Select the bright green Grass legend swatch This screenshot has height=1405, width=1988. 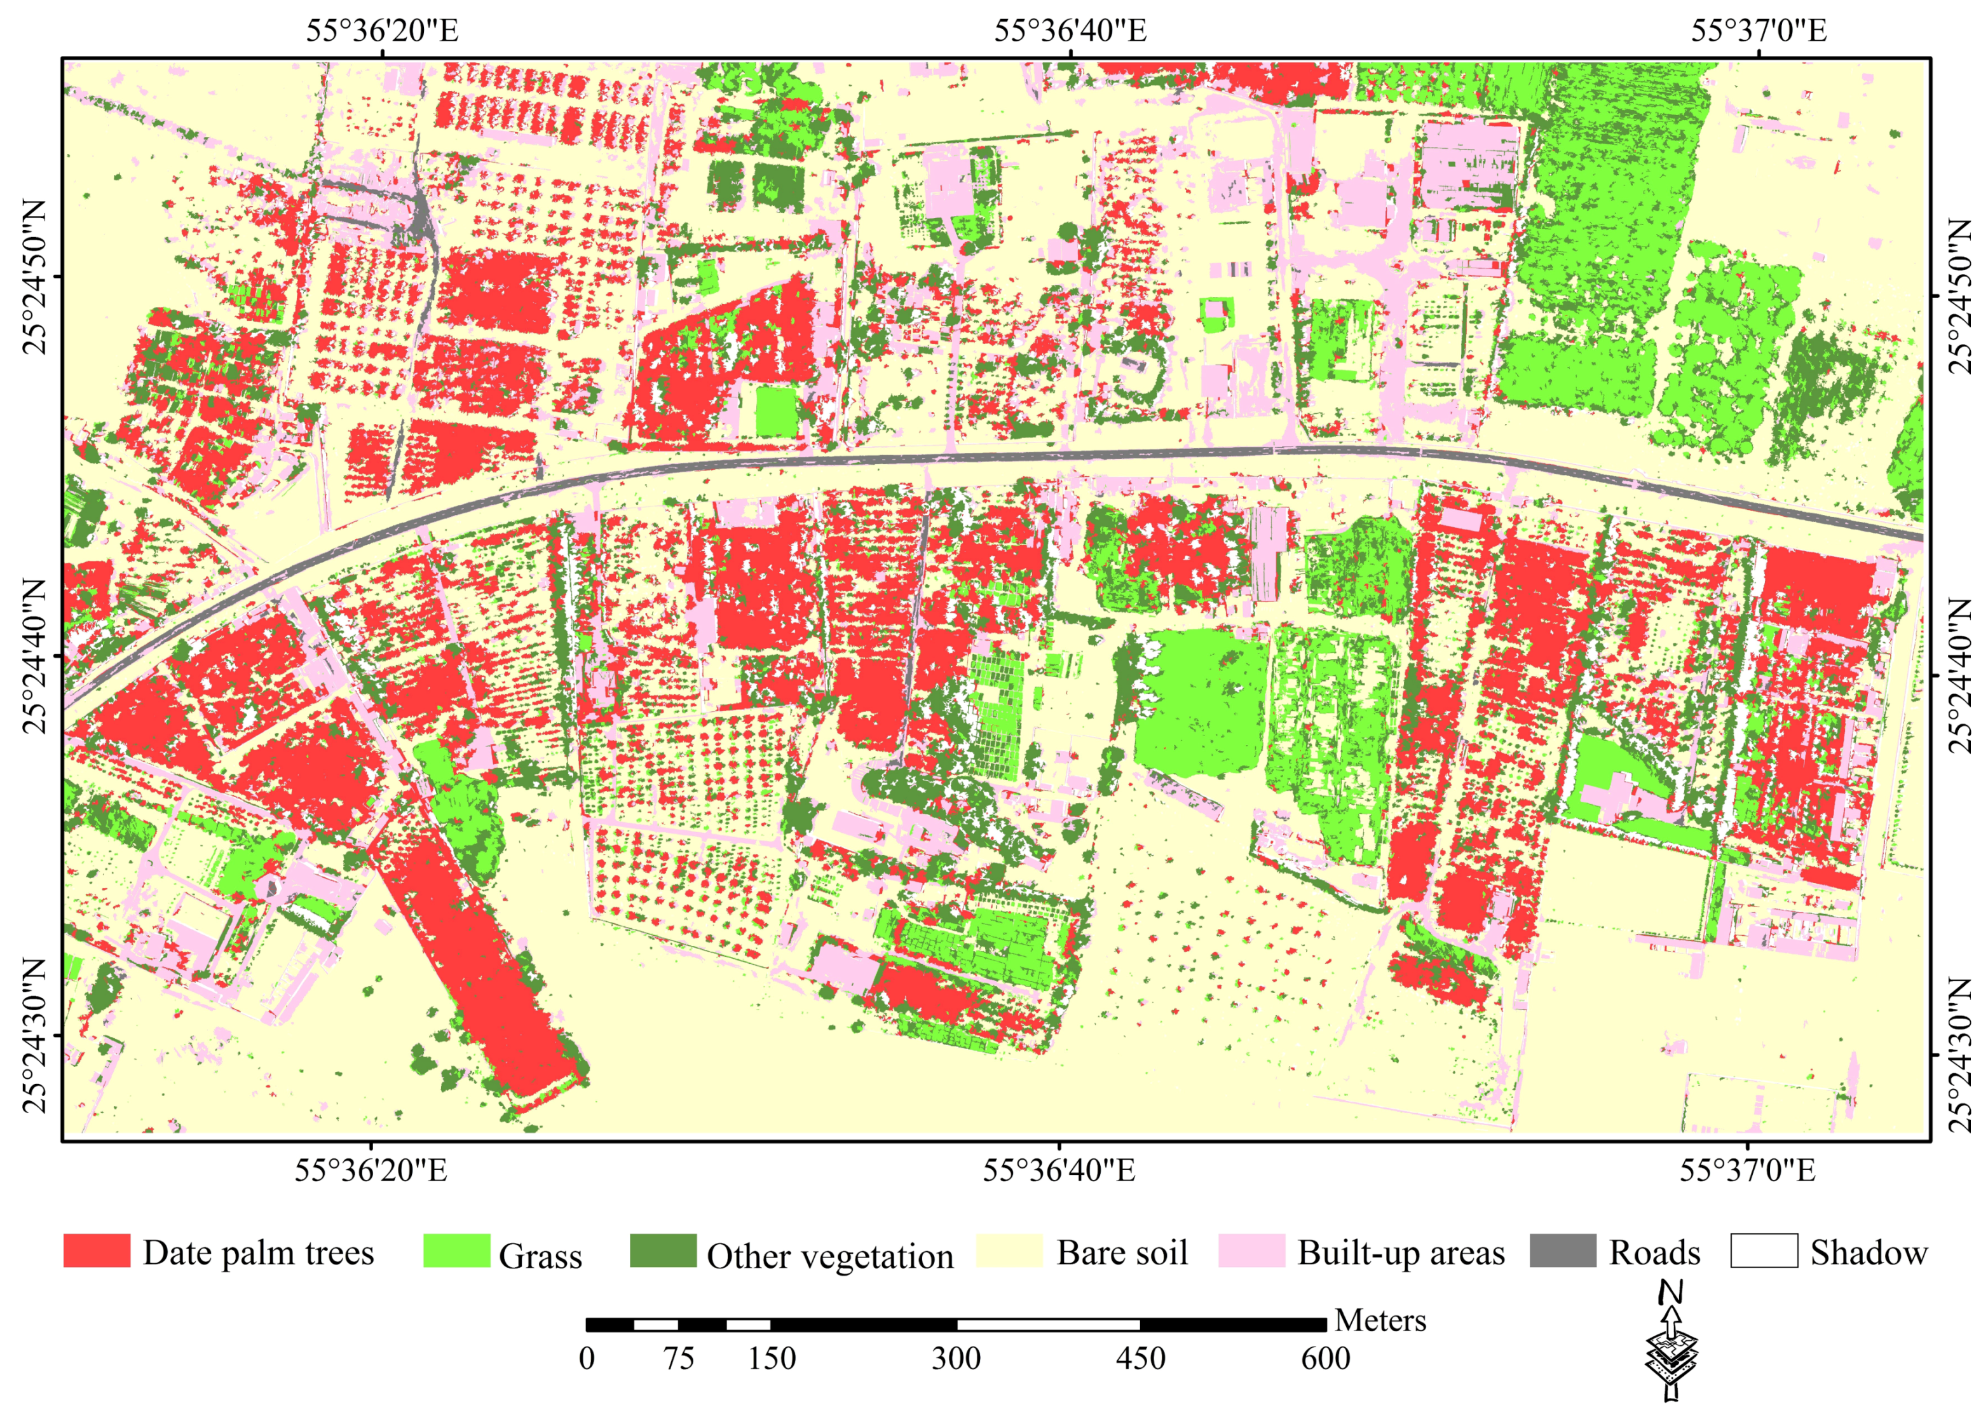(456, 1251)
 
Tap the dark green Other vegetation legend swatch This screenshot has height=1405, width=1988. (662, 1251)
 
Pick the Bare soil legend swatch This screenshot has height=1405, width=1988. (1009, 1251)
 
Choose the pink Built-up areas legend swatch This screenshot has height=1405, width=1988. (1251, 1251)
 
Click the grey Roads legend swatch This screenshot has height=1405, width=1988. (1563, 1251)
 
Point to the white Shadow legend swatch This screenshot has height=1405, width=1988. (1764, 1251)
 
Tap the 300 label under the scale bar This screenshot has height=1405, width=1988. (956, 1358)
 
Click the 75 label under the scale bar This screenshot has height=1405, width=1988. (679, 1358)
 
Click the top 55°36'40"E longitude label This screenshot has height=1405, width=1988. (1070, 31)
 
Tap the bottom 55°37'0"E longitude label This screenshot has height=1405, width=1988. (1747, 1171)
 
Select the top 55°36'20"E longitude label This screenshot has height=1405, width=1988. (382, 31)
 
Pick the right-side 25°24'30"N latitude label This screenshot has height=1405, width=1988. (1959, 1056)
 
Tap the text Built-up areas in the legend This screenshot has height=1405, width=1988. (1401, 1252)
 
